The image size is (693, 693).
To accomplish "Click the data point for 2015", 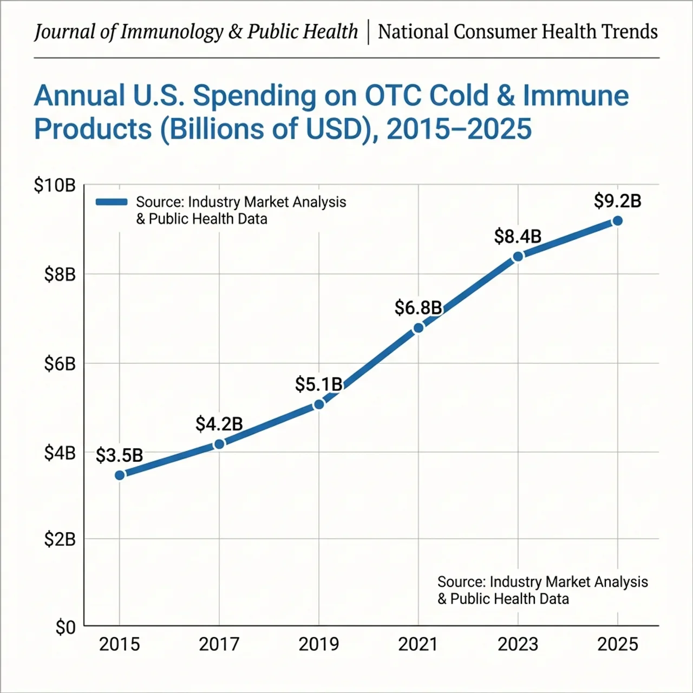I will pyautogui.click(x=120, y=475).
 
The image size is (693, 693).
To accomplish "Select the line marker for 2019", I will pyautogui.click(x=319, y=404).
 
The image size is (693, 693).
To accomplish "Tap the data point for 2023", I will pyautogui.click(x=518, y=256).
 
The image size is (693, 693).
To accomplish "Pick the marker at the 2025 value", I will pyautogui.click(x=617, y=221).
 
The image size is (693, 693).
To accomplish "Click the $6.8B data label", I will pyautogui.click(x=418, y=308).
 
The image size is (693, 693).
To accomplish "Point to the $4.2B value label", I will pyautogui.click(x=219, y=424).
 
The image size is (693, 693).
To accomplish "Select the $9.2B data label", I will pyautogui.click(x=617, y=201).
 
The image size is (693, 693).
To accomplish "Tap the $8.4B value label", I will pyautogui.click(x=518, y=237).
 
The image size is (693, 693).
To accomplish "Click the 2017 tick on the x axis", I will pyautogui.click(x=219, y=644).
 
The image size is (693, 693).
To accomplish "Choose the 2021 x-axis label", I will pyautogui.click(x=418, y=644).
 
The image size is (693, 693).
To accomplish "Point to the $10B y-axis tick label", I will pyautogui.click(x=55, y=186).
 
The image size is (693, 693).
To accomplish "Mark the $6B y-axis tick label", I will pyautogui.click(x=60, y=364).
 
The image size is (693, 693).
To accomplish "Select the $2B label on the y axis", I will pyautogui.click(x=60, y=539).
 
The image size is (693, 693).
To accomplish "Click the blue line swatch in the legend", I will pyautogui.click(x=112, y=202).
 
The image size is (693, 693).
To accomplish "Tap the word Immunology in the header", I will pyautogui.click(x=172, y=32).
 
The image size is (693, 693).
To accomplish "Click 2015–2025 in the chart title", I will pyautogui.click(x=459, y=129).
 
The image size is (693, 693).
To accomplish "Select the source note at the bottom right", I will pyautogui.click(x=542, y=590).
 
